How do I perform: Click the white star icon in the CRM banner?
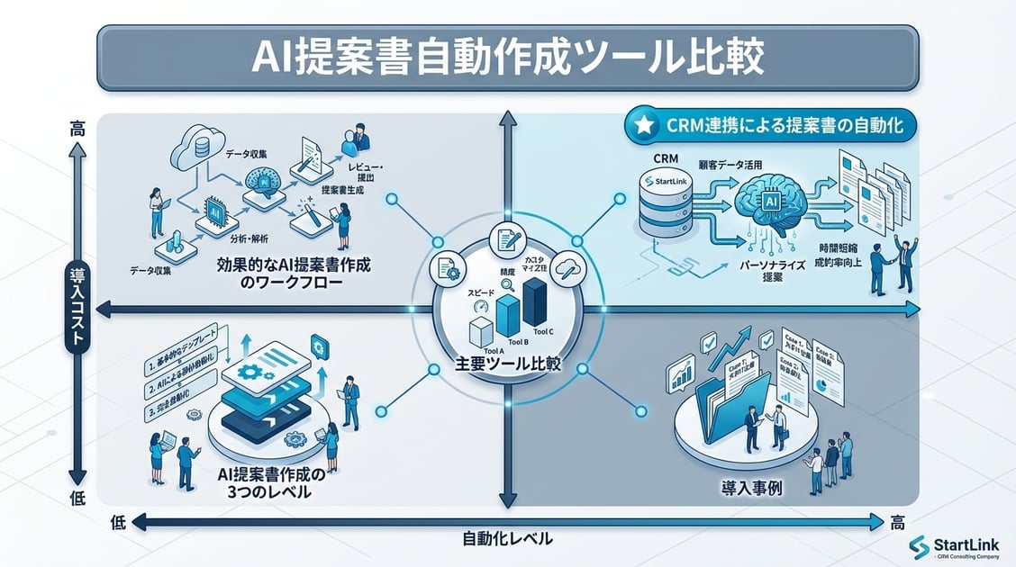tap(643, 127)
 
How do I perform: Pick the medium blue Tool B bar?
tap(509, 314)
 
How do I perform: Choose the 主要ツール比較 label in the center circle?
tap(508, 365)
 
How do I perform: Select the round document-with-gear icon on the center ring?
tap(448, 267)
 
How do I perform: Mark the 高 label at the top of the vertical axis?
tap(77, 129)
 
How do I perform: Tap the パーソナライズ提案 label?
tap(764, 272)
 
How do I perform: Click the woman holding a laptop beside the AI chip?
tap(155, 212)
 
